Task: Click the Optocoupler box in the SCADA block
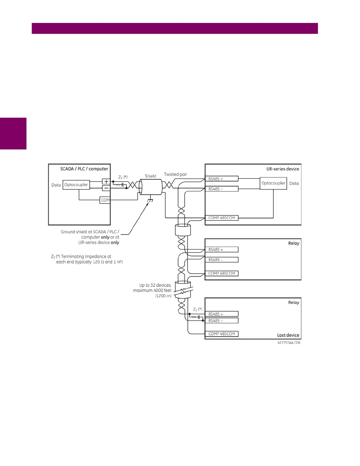pyautogui.click(x=76, y=185)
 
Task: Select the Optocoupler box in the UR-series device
pyautogui.click(x=273, y=183)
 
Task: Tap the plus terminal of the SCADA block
pyautogui.click(x=106, y=182)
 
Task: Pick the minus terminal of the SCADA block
pyautogui.click(x=106, y=188)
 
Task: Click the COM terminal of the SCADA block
pyautogui.click(x=105, y=200)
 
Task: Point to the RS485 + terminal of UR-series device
pyautogui.click(x=221, y=179)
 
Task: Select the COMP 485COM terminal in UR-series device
pyautogui.click(x=221, y=218)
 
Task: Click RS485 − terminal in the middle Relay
pyautogui.click(x=221, y=260)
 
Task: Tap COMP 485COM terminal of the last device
pyautogui.click(x=221, y=334)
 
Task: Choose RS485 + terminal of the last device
pyautogui.click(x=221, y=314)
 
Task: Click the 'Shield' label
pyautogui.click(x=151, y=176)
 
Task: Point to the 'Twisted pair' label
pyautogui.click(x=176, y=174)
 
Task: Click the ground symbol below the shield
pyautogui.click(x=150, y=200)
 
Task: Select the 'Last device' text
pyautogui.click(x=288, y=335)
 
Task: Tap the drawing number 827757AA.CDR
pyautogui.click(x=289, y=343)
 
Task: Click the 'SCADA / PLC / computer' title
pyautogui.click(x=84, y=169)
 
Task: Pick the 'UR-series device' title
pyautogui.click(x=283, y=169)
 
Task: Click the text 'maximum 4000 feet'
pyautogui.click(x=152, y=290)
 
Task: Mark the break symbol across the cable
pyautogui.click(x=183, y=291)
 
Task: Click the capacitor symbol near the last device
pyautogui.click(x=199, y=317)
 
